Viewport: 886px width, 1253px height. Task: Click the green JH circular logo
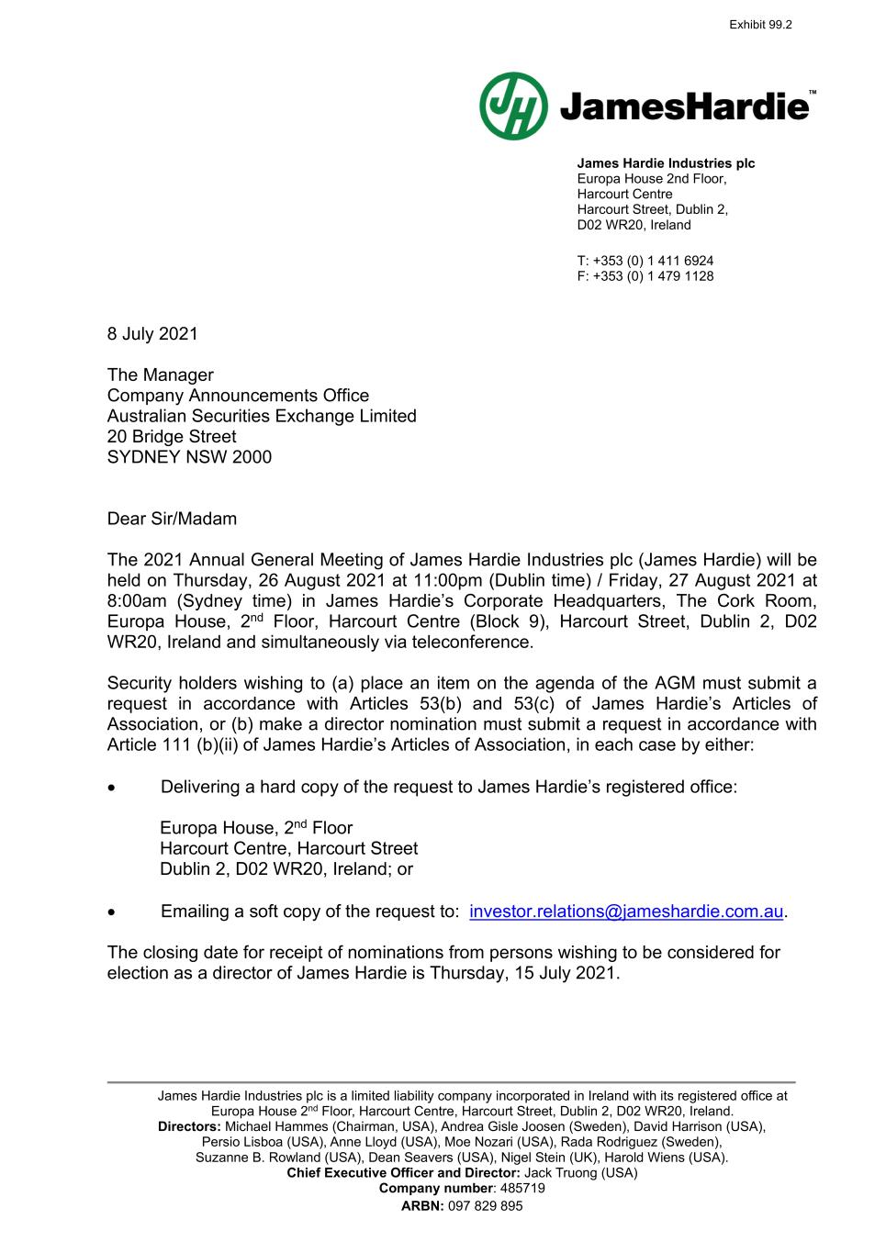(513, 106)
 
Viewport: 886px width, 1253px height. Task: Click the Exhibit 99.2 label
(759, 25)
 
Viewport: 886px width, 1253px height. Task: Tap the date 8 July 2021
(152, 334)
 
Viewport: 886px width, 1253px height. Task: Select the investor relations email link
(626, 912)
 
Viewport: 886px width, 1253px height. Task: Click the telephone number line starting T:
(645, 261)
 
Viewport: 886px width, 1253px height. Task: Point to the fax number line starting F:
(645, 276)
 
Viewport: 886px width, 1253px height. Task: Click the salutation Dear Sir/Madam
(172, 519)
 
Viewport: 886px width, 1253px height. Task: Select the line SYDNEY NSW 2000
(189, 457)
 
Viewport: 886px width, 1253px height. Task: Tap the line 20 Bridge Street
(172, 437)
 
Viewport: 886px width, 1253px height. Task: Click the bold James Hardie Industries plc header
(666, 163)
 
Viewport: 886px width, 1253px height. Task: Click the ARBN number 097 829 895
(485, 1206)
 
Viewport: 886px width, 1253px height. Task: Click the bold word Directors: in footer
(189, 1126)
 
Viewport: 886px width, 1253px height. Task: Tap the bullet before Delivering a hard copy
(112, 788)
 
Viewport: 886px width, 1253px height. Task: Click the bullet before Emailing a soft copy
(112, 912)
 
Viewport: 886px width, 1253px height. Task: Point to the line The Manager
(160, 375)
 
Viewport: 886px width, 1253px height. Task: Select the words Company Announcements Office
(238, 396)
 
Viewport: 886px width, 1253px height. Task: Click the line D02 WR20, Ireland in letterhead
(634, 225)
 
